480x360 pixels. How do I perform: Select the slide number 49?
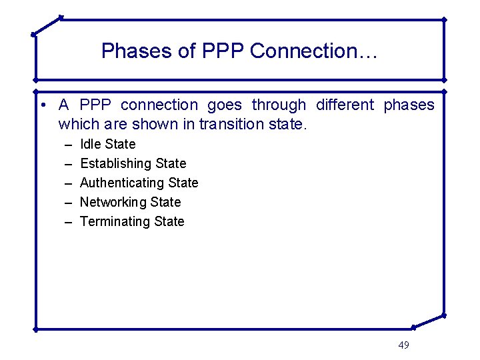tap(403, 345)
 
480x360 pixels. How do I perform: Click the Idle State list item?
tap(107, 144)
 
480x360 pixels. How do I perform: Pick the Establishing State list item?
tap(133, 163)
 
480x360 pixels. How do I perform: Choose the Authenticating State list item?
tap(139, 183)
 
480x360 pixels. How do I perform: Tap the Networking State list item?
tap(130, 202)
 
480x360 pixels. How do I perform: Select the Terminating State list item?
tap(132, 221)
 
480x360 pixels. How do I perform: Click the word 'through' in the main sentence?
tap(279, 105)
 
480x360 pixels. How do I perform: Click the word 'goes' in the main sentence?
tap(224, 105)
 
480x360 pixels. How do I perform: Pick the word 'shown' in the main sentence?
tap(162, 124)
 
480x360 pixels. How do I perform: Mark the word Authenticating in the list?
tap(121, 183)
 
